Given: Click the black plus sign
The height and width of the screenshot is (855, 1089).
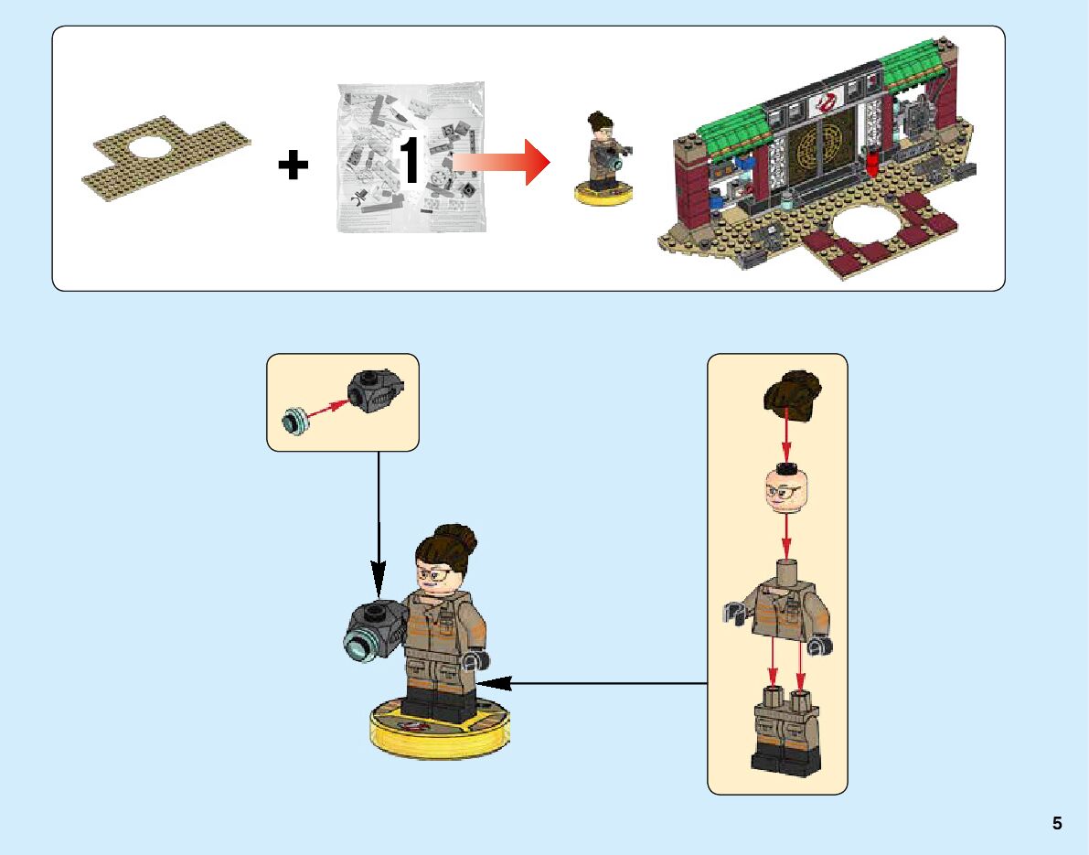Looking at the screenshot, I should point(294,166).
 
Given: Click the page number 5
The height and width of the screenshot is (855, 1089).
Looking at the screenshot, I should point(1057,823).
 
